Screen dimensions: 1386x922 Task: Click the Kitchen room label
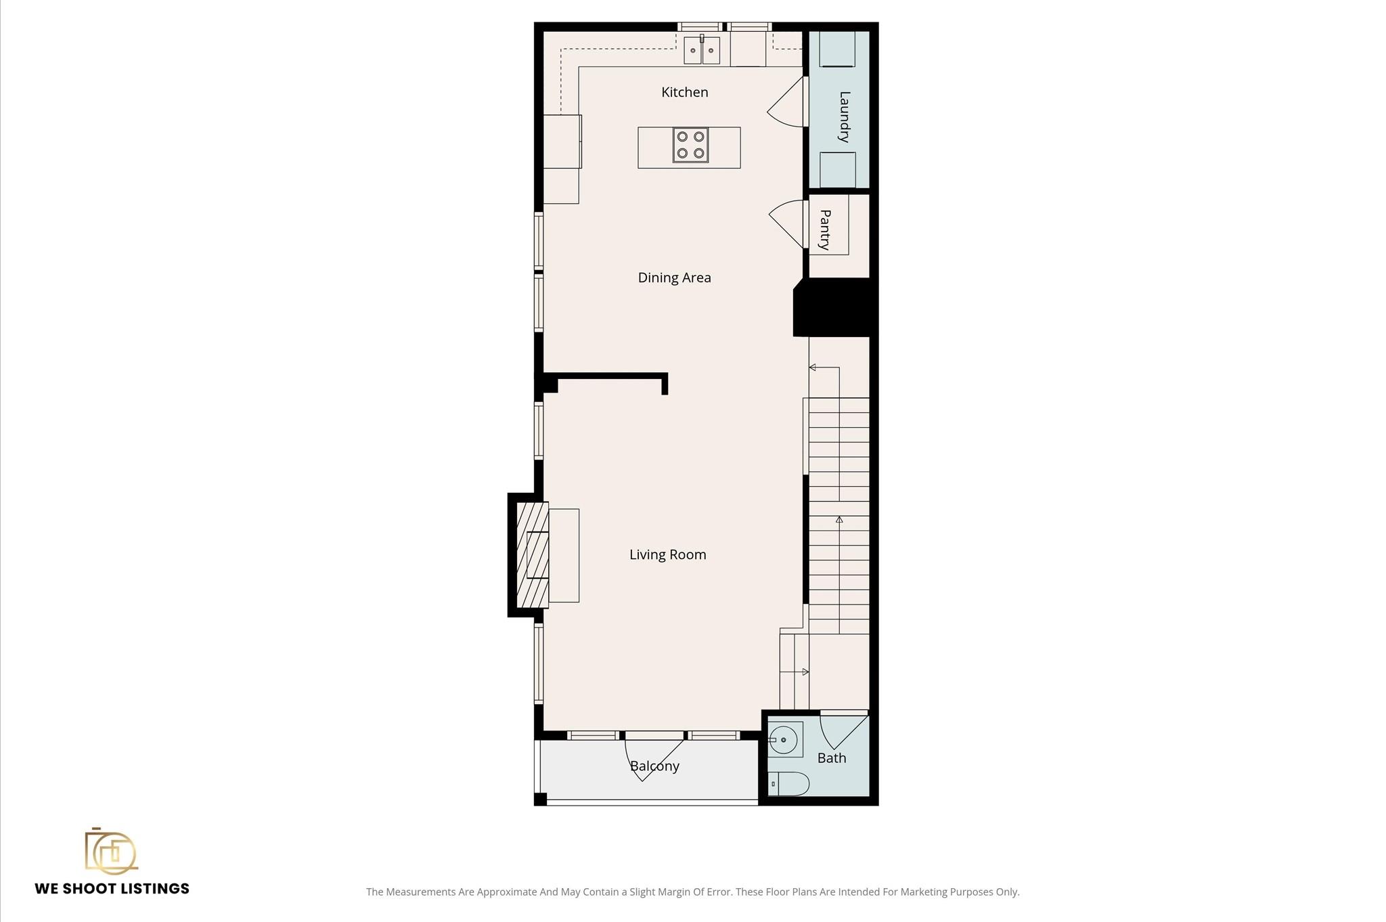tap(684, 92)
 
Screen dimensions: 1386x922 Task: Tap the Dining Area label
tap(674, 278)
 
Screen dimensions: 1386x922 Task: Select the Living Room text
tap(667, 554)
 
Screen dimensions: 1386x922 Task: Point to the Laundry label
tap(844, 116)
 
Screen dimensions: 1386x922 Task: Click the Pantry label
tap(825, 229)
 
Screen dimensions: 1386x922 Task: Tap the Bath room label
tap(832, 758)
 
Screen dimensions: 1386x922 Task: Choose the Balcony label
tap(654, 766)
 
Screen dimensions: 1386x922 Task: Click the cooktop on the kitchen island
tap(690, 145)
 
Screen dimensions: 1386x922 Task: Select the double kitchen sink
tap(702, 50)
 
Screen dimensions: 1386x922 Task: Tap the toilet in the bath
tap(789, 784)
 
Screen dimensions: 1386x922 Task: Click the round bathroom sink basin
tap(784, 740)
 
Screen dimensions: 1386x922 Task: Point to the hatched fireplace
tap(533, 555)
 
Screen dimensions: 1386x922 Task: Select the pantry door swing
tap(786, 224)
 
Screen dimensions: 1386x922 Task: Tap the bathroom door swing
tap(843, 730)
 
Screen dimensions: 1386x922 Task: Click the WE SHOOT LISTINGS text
tap(112, 889)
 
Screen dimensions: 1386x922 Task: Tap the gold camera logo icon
tap(111, 851)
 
